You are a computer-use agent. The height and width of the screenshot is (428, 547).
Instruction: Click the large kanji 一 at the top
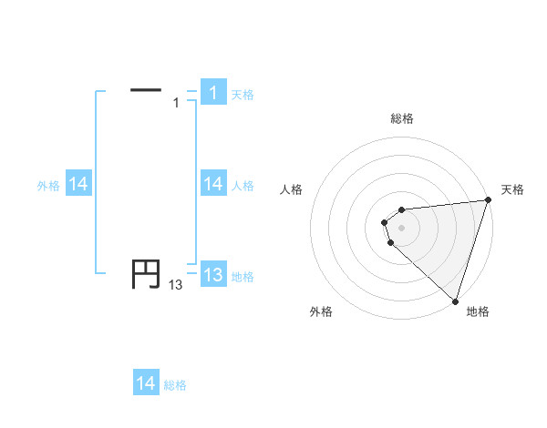pyautogui.click(x=146, y=89)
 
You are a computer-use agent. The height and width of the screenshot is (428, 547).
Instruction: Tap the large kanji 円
pyautogui.click(x=146, y=274)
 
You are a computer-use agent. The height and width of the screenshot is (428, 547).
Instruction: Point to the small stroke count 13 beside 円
pyautogui.click(x=175, y=285)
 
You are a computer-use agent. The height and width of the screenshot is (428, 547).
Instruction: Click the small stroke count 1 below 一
pyautogui.click(x=176, y=103)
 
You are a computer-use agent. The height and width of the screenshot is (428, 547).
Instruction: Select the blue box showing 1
pyautogui.click(x=213, y=93)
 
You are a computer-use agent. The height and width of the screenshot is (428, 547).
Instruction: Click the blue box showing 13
pyautogui.click(x=213, y=275)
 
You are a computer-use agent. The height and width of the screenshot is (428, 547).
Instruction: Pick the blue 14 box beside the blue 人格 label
pyautogui.click(x=213, y=184)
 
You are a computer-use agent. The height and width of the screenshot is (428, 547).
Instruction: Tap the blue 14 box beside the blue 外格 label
pyautogui.click(x=78, y=184)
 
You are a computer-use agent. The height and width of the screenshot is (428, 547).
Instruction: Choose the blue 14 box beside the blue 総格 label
pyautogui.click(x=146, y=383)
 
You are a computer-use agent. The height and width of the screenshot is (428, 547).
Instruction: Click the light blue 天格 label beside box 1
pyautogui.click(x=243, y=95)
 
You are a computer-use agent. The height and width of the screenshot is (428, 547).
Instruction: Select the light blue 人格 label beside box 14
pyautogui.click(x=243, y=186)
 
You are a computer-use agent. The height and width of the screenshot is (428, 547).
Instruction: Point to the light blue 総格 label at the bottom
pyautogui.click(x=175, y=385)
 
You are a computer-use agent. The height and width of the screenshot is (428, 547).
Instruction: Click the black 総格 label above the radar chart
pyautogui.click(x=402, y=118)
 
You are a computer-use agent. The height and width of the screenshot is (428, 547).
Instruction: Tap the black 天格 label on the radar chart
pyautogui.click(x=512, y=189)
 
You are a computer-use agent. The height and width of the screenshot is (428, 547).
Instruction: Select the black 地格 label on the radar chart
pyautogui.click(x=478, y=311)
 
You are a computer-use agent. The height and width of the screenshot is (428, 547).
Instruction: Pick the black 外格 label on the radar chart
pyautogui.click(x=321, y=311)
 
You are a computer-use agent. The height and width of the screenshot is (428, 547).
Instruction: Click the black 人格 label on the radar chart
pyautogui.click(x=292, y=189)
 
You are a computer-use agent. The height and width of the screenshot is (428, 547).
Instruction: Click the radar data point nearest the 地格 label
pyautogui.click(x=455, y=301)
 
